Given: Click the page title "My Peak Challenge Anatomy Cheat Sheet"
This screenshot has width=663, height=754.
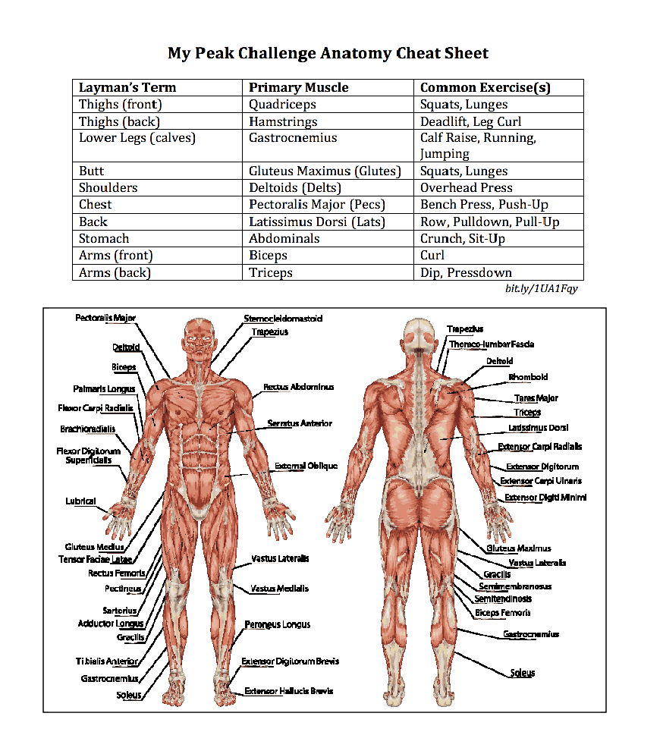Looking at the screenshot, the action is [x=328, y=53].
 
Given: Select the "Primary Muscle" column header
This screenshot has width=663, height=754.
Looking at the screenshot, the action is [x=298, y=87].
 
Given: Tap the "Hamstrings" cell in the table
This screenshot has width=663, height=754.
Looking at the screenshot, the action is [x=283, y=121].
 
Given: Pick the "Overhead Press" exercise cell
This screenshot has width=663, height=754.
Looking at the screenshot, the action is [x=466, y=187].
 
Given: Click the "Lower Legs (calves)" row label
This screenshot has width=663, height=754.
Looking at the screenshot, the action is [x=137, y=138].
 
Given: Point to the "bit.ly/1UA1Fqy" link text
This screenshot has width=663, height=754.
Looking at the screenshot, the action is [x=541, y=289].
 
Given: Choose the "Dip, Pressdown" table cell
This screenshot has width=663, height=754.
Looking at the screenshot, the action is [x=466, y=272].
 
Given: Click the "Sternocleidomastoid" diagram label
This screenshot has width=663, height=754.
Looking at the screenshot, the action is [x=282, y=319].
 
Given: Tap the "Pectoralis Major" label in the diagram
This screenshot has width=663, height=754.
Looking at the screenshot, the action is [x=105, y=318].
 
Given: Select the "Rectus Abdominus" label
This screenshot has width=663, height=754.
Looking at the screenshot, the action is [x=298, y=387].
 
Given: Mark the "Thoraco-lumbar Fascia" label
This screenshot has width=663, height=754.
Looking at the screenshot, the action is [x=491, y=344].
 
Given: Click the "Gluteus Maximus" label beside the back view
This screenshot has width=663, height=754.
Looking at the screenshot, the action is [x=519, y=548].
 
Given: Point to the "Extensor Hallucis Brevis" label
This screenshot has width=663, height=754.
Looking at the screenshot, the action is [x=288, y=691].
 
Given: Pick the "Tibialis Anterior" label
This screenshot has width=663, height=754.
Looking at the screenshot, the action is [x=107, y=661].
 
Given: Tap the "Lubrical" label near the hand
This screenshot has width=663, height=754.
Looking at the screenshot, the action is [x=80, y=501].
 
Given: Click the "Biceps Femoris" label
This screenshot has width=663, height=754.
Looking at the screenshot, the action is [x=502, y=613].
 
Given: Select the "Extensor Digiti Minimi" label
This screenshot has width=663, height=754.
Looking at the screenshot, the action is [x=545, y=498].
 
